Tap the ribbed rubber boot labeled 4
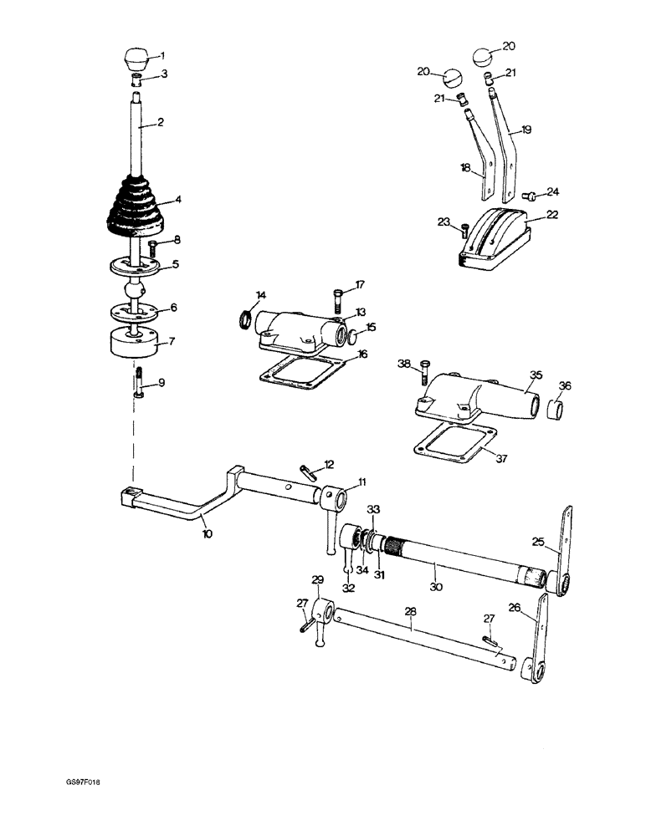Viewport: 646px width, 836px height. point(138,206)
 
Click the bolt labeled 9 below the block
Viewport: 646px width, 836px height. point(138,383)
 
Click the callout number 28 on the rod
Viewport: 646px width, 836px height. point(410,612)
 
